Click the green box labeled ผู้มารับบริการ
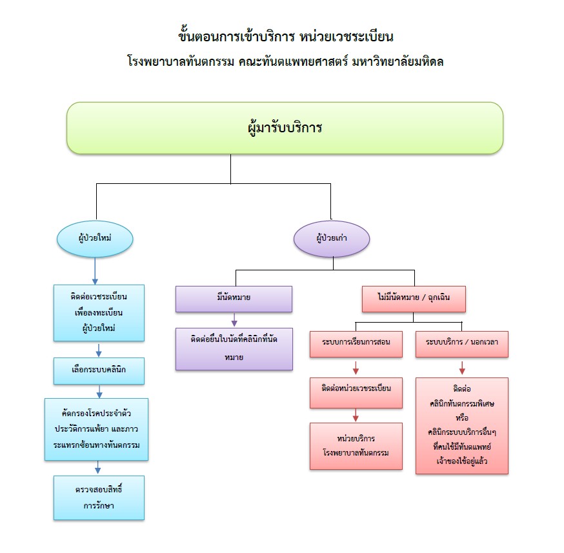coord(285,128)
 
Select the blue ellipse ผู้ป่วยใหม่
coord(95,238)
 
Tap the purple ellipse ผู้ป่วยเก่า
coord(332,238)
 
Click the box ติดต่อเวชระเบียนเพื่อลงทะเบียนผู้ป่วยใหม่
coord(99,313)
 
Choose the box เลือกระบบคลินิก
coord(99,371)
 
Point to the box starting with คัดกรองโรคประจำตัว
coord(97,429)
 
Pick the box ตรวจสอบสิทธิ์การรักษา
coord(99,497)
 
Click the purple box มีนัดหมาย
coord(234,299)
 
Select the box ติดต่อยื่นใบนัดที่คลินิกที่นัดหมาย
coord(234,348)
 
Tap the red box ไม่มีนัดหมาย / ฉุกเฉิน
coord(413,299)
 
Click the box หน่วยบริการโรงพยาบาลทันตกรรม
coord(356,445)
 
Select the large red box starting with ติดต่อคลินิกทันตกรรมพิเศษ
coord(462,425)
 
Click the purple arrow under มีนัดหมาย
coord(234,319)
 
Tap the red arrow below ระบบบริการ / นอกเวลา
coord(462,367)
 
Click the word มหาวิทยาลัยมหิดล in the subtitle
coord(399,63)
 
